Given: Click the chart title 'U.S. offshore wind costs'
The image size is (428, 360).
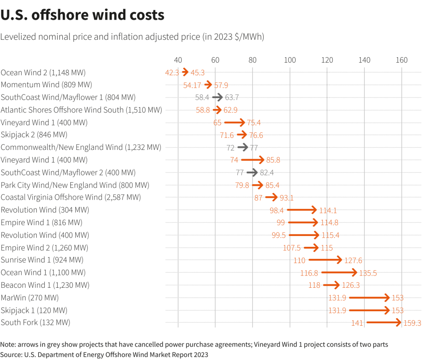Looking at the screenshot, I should (82, 15).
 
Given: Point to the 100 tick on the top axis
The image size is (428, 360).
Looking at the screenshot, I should (290, 60).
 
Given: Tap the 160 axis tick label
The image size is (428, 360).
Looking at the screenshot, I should (402, 60).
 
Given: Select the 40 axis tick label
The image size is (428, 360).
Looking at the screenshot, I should (178, 60).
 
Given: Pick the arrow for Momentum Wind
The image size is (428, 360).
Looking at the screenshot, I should (208, 85).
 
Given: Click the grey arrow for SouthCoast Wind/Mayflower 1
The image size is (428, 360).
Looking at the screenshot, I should (217, 97).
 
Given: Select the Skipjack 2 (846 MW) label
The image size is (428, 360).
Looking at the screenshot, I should (34, 135).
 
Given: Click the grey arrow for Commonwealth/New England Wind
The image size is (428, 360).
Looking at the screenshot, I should (243, 147).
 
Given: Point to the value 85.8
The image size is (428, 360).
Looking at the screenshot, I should (273, 160).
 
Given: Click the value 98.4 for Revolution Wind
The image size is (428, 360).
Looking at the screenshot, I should (277, 210).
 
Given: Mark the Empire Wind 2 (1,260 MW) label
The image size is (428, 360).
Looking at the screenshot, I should (44, 248).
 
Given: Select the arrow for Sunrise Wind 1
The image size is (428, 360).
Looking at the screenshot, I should (325, 260).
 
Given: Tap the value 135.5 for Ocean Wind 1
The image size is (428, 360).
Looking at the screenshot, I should (368, 273).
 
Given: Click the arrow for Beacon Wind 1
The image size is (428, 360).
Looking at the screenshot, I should (331, 285).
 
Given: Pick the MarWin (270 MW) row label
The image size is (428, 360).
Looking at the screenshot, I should (30, 298).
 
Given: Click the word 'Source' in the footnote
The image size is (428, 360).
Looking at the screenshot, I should (12, 355).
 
